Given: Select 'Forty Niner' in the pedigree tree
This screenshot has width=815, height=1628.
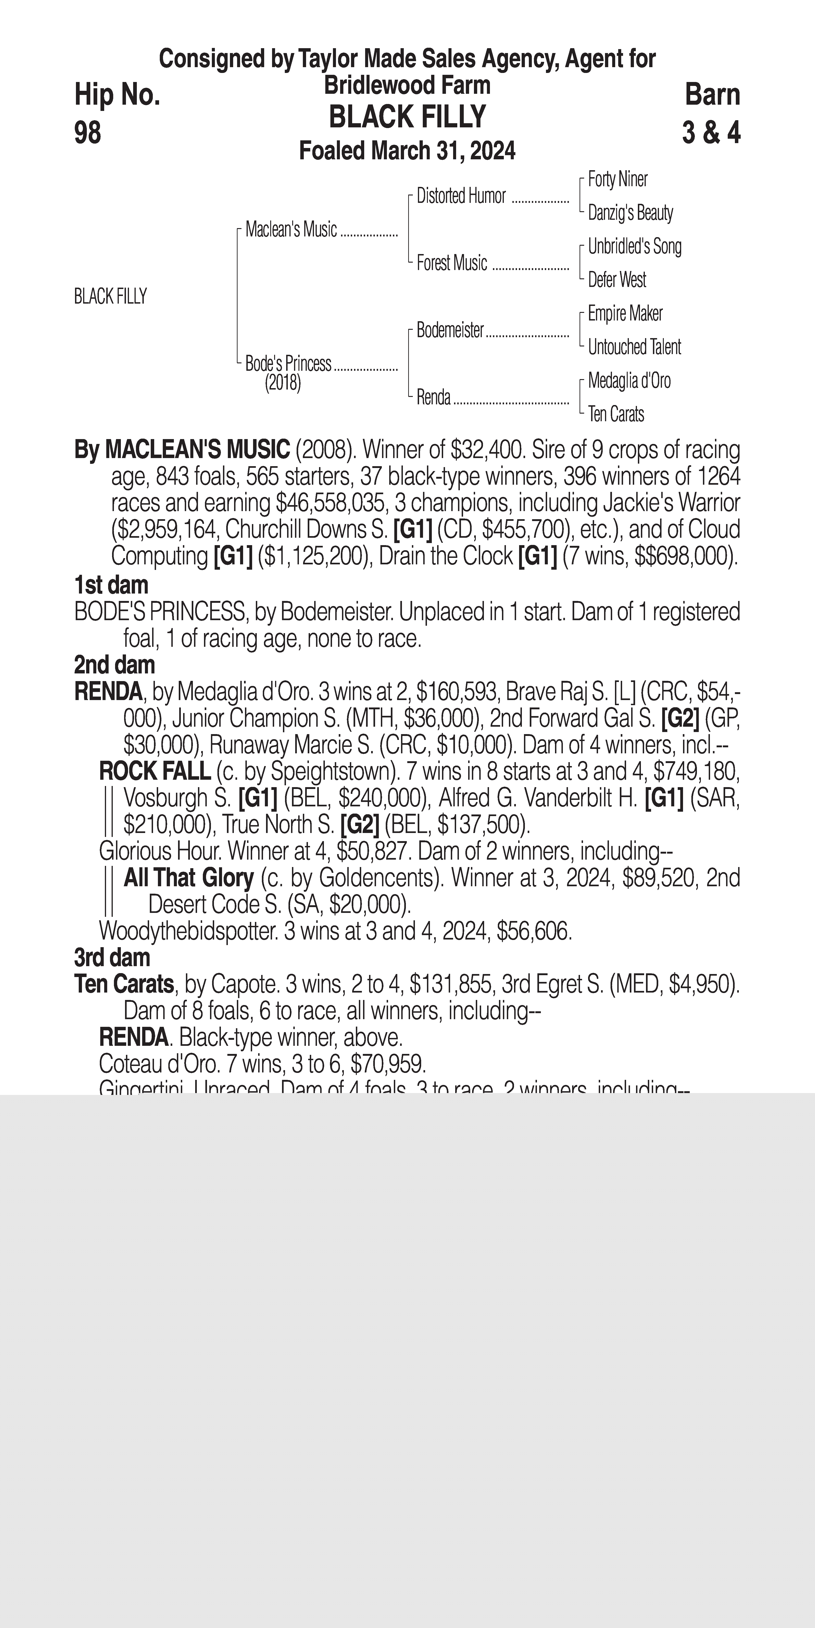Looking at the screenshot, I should coord(617,179).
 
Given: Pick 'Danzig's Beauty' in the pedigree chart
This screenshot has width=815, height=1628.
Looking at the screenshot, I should coord(630,213).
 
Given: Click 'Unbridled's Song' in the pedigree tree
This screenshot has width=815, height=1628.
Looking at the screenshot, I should coord(634,246).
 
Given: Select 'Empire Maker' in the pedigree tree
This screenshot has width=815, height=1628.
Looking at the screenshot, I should coord(625,314).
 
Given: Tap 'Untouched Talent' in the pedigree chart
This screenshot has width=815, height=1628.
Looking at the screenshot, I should coord(634,347).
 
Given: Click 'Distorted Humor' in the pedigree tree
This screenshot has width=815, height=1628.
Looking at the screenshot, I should coord(461,197).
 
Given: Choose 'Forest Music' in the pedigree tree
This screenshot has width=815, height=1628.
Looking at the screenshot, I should coord(452,263).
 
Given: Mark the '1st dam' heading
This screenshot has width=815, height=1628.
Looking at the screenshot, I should coord(111,585).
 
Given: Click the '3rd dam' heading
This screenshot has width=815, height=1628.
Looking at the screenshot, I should coord(112,958).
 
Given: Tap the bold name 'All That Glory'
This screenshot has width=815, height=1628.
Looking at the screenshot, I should coord(188,878).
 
